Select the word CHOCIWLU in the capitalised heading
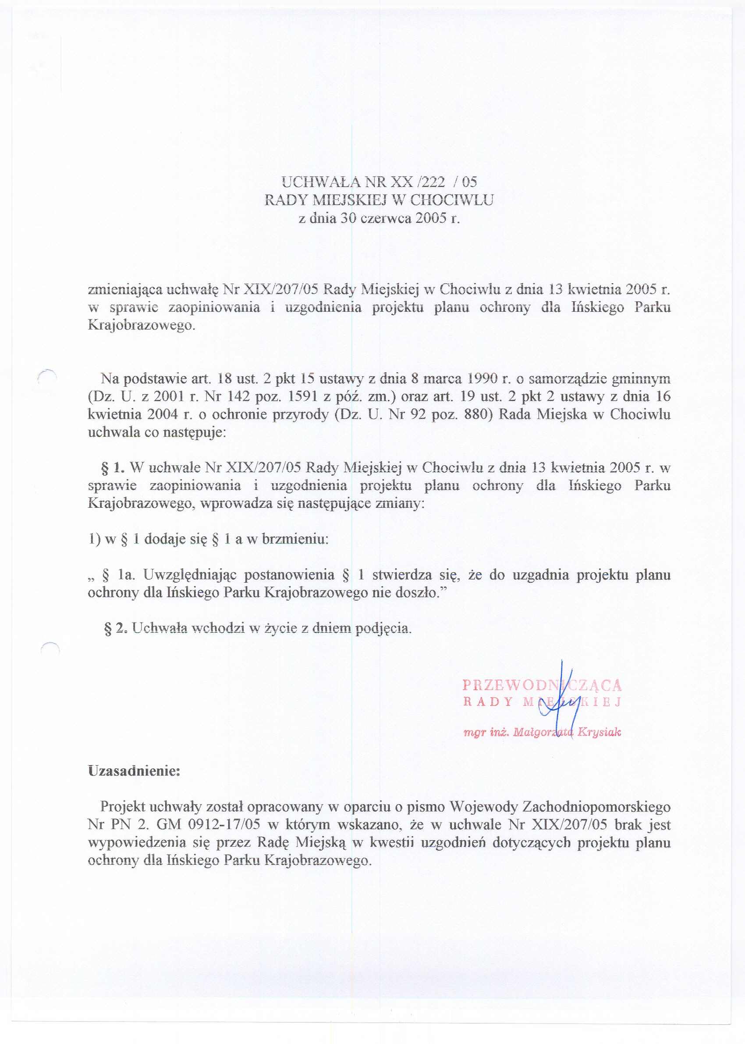coord(451,200)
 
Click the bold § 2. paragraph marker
coord(116,628)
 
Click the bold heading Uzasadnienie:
coord(134,771)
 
